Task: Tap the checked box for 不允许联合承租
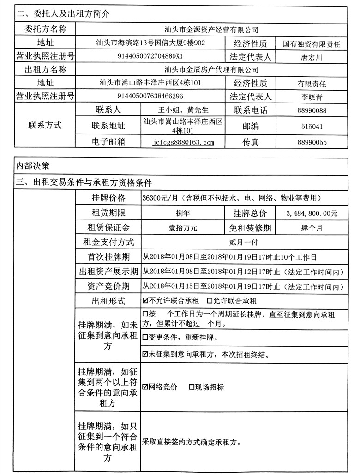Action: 146,301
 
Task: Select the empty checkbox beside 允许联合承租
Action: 210,301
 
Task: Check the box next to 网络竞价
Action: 146,387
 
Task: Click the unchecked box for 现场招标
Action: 192,387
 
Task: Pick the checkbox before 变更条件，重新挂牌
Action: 146,337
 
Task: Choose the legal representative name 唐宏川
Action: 311,58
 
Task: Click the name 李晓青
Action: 311,97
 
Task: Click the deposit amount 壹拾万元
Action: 183,228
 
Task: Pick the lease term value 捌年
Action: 183,213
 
